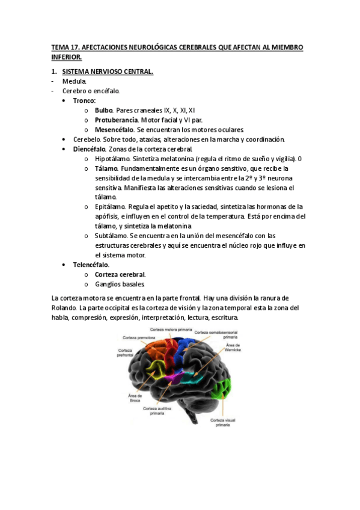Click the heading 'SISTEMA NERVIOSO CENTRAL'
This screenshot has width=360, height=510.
pos(108,72)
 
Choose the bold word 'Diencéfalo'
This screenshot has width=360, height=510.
pos(89,149)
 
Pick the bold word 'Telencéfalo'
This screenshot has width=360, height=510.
pos(91,265)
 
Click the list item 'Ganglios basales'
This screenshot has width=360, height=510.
pos(120,284)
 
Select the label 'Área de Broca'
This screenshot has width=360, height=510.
pos(135,398)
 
